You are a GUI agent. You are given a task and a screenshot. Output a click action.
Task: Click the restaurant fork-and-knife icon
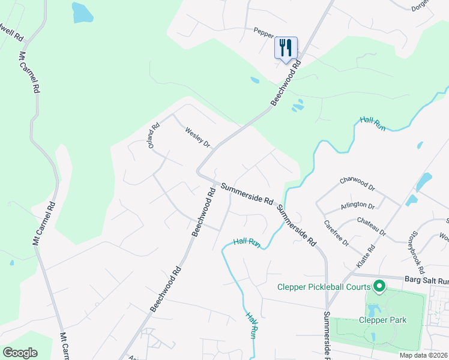tap(286, 47)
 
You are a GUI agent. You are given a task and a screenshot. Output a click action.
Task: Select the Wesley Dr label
tap(197, 137)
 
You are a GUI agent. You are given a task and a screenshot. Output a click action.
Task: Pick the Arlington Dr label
tap(358, 206)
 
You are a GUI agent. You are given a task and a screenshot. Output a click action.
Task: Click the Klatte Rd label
tap(372, 256)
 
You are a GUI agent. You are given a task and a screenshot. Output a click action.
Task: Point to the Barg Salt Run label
tap(427, 280)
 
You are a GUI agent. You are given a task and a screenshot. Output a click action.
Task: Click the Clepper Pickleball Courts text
tap(323, 287)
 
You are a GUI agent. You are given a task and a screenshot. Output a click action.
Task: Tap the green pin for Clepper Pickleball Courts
tap(379, 286)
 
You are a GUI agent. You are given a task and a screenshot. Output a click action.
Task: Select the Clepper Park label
tap(384, 320)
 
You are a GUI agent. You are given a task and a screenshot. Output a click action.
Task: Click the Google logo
tap(20, 353)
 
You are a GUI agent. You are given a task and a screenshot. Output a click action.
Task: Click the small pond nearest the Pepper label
tap(255, 80)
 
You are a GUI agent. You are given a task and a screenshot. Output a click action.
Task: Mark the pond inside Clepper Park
tap(374, 310)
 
